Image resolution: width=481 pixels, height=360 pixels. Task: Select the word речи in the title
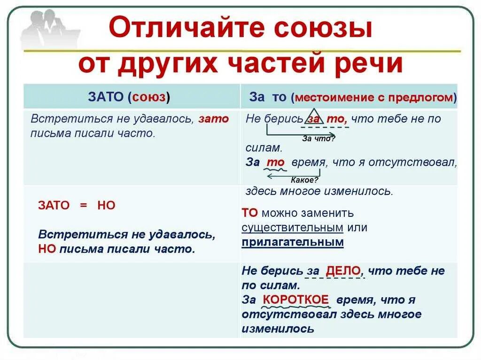(372, 64)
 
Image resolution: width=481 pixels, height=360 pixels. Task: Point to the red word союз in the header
(149, 97)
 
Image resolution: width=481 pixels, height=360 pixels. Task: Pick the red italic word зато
(213, 119)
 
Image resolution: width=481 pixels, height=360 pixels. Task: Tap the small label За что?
(318, 138)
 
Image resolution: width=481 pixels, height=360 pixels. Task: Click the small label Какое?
(305, 180)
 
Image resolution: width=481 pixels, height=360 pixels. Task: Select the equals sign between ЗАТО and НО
(83, 206)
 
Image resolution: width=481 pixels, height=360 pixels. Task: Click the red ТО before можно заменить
(250, 213)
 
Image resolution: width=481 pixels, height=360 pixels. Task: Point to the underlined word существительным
(293, 228)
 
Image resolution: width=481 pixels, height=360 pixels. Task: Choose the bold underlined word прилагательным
(293, 243)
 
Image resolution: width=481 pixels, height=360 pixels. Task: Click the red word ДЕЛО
(343, 271)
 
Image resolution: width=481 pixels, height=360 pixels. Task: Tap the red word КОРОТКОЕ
(295, 299)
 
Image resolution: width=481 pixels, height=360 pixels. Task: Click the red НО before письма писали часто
(47, 249)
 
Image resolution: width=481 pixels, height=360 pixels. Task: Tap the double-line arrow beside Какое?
(277, 175)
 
